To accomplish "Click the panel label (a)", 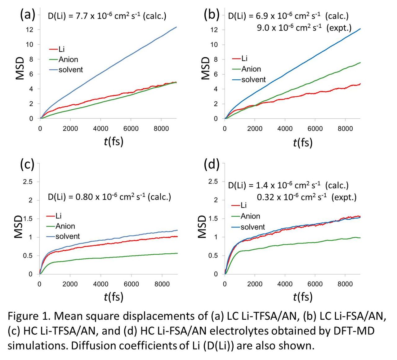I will click(28, 15).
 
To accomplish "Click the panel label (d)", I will click(212, 164).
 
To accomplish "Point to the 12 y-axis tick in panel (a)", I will click(29, 30).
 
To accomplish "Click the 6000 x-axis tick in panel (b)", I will click(315, 129).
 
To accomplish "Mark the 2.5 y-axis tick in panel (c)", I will click(28, 182).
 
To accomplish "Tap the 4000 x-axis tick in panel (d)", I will click(285, 284).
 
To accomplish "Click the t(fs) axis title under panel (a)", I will click(114, 141).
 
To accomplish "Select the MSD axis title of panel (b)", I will click(206, 68).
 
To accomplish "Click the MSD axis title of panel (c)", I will click(19, 227).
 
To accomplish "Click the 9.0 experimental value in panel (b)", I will click(263, 28).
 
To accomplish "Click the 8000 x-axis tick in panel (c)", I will click(162, 284).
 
